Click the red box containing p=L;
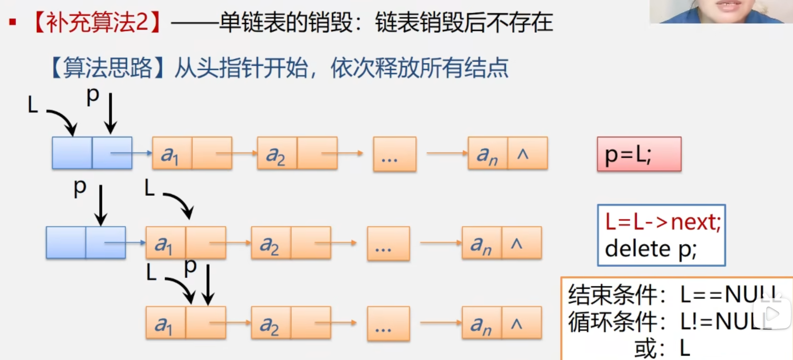(x=639, y=154)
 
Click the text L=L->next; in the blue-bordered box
(x=663, y=222)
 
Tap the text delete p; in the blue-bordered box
(x=650, y=249)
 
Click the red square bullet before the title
(x=13, y=22)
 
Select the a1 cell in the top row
(x=171, y=153)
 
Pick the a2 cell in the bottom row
(x=270, y=323)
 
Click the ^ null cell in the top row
(x=527, y=153)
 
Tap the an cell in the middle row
(x=481, y=243)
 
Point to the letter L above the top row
(x=32, y=105)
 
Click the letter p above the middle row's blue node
(x=80, y=187)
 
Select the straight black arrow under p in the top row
(x=110, y=113)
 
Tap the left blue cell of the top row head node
(x=72, y=153)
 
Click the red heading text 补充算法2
(x=97, y=22)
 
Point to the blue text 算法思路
(x=108, y=68)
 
